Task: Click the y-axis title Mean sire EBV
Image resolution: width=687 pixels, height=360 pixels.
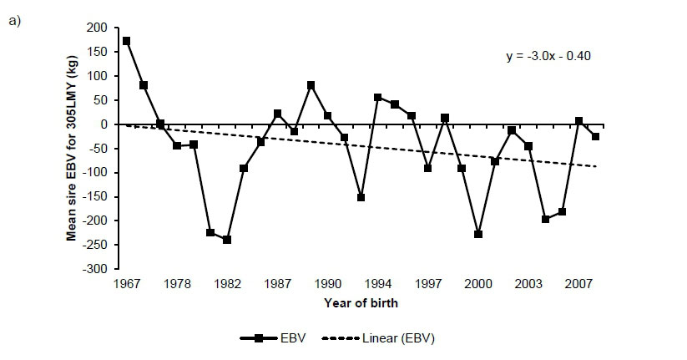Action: [72, 149]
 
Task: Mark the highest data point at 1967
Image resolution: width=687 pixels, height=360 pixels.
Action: [126, 40]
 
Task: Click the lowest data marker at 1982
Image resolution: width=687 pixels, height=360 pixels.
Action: [226, 240]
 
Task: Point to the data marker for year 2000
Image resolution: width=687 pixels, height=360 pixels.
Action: [478, 234]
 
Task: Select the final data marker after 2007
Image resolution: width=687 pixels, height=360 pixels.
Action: [595, 136]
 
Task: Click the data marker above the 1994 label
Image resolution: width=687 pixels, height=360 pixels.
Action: [377, 97]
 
